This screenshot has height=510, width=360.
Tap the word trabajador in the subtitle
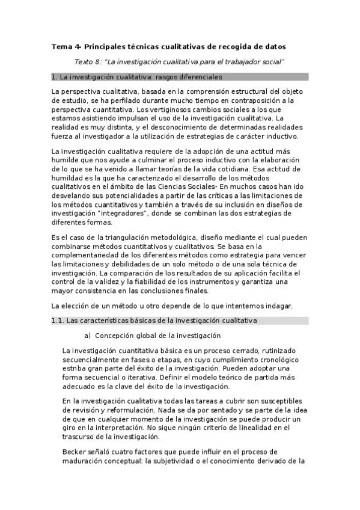point(239,61)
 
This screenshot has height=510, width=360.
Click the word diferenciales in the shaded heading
point(198,77)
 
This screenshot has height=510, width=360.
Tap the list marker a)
point(88,335)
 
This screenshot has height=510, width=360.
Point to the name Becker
point(75,452)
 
